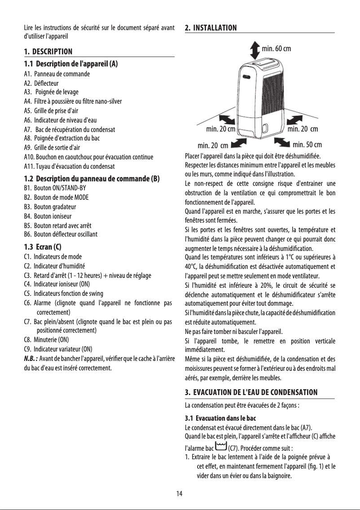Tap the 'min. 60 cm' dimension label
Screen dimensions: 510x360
pyautogui.click(x=276, y=48)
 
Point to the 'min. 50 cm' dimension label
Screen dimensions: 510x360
pyautogui.click(x=307, y=145)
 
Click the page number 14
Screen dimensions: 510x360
pyautogui.click(x=180, y=494)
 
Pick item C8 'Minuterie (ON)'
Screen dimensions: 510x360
pyautogui.click(x=46, y=340)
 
